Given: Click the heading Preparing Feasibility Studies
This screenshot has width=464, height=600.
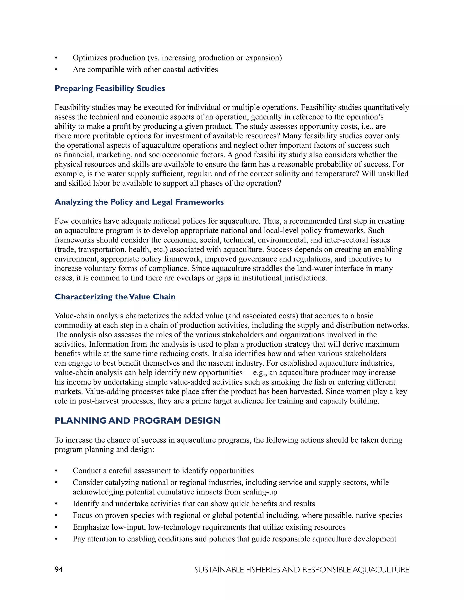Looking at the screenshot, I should pos(110,89).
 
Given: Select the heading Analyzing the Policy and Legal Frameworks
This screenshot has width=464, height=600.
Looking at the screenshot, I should pos(139,202).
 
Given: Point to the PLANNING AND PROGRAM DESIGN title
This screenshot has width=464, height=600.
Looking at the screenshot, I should pos(138,421).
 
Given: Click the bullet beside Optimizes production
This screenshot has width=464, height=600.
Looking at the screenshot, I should pos(56,58).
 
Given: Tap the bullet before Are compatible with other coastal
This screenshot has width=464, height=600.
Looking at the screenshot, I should pos(56,70).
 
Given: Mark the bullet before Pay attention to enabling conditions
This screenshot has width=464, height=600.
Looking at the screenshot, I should pos(56,539).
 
